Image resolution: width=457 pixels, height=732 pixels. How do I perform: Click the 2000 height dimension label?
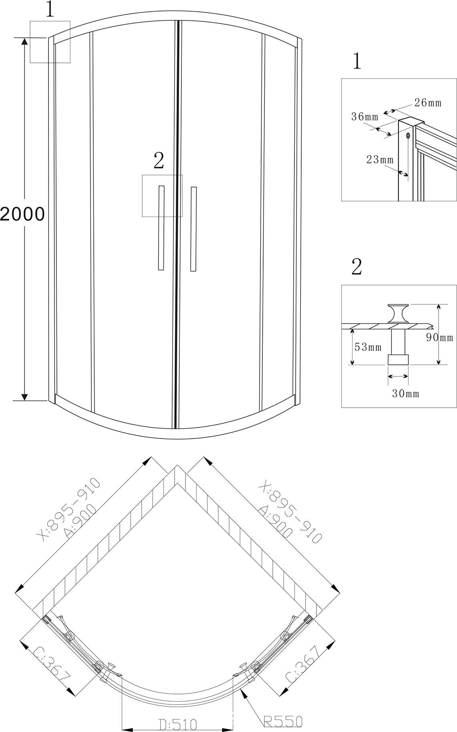22,214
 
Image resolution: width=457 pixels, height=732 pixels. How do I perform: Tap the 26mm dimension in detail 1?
428,103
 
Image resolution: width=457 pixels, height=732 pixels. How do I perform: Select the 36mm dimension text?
365,117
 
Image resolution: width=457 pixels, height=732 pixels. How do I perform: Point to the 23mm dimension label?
380,159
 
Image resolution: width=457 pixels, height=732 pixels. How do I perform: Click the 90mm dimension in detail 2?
439,337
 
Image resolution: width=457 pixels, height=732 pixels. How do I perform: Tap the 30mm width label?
405,394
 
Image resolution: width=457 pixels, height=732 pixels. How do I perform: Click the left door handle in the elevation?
161,228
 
